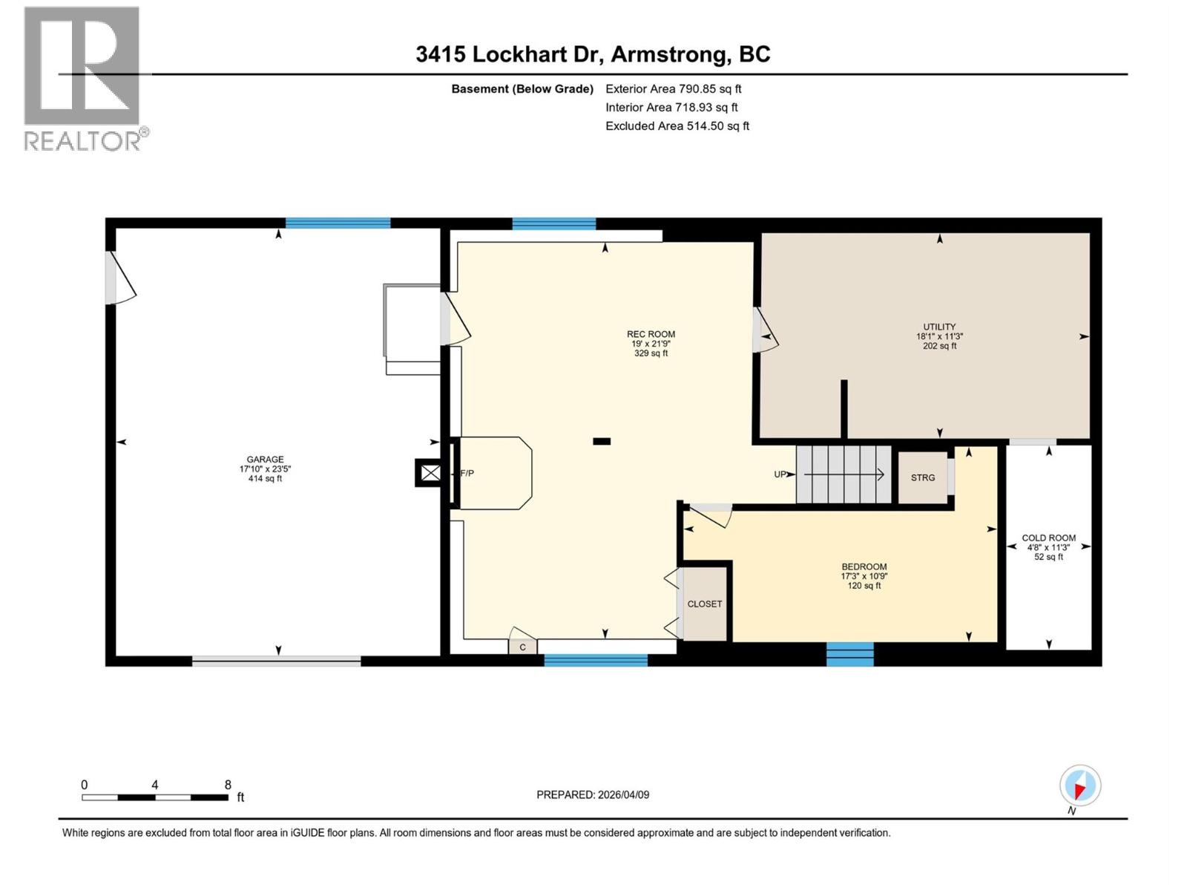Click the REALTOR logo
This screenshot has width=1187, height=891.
pos(82,78)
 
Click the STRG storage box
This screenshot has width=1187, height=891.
pos(923,477)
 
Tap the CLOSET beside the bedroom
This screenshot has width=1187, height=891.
pos(704,604)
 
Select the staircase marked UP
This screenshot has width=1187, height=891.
pos(844,474)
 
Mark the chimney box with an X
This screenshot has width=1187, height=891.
pos(430,473)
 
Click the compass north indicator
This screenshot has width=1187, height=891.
pos(1079,786)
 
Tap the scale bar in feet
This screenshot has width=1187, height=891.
pos(154,797)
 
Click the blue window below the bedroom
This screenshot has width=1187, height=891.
pos(850,654)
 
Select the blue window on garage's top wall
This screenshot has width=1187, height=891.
pos(338,223)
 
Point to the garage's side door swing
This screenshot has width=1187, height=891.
pos(121,278)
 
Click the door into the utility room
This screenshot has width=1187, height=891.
pos(764,331)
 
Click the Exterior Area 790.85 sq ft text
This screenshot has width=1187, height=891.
pos(673,88)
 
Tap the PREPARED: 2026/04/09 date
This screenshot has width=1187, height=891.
pos(593,794)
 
